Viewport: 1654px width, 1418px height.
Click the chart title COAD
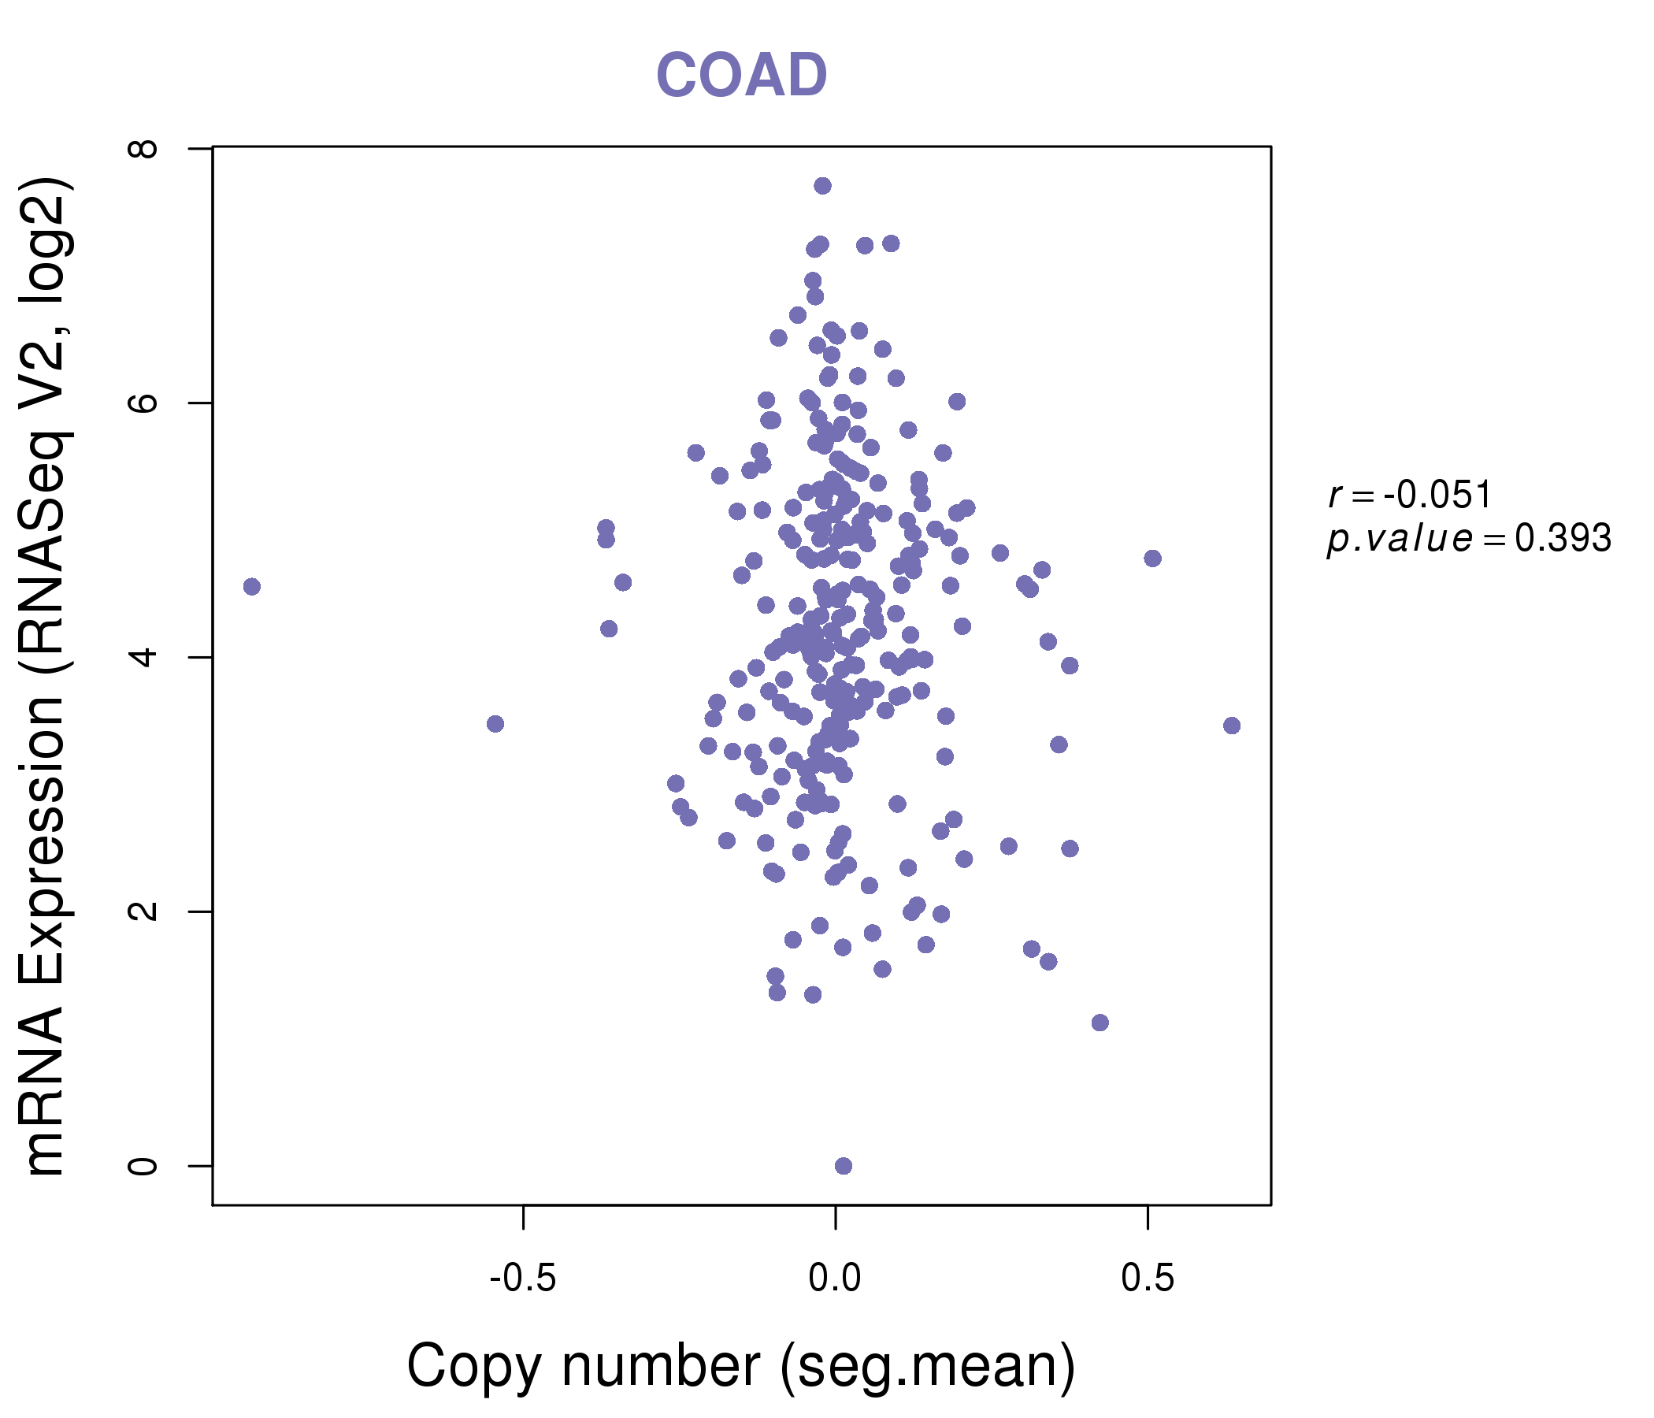(x=741, y=75)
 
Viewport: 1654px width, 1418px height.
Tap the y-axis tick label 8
(x=144, y=149)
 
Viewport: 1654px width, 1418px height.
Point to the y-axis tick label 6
(x=144, y=403)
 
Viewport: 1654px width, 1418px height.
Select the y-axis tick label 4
(x=144, y=657)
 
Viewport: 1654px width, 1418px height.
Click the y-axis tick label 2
(x=144, y=911)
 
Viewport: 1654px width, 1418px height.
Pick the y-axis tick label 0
(x=144, y=1166)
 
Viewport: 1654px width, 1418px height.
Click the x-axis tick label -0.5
(x=522, y=1279)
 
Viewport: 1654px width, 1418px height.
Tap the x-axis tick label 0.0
(x=835, y=1279)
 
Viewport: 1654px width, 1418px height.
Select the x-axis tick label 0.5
(x=1147, y=1279)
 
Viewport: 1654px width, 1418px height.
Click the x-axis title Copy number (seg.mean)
(x=741, y=1366)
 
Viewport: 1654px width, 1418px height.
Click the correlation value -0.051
(x=1437, y=495)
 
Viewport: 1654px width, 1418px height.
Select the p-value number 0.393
(x=1562, y=539)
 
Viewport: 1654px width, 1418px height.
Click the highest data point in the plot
(x=822, y=186)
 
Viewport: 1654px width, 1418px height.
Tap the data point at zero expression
(x=843, y=1166)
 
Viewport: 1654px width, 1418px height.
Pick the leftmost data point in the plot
(x=251, y=587)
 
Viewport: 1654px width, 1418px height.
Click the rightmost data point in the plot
(x=1232, y=725)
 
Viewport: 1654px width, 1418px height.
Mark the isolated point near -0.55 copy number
(x=495, y=723)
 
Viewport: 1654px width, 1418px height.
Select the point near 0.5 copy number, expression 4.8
(x=1151, y=558)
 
